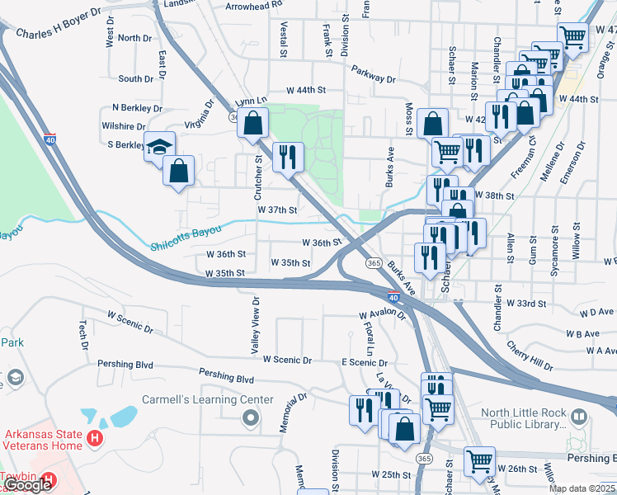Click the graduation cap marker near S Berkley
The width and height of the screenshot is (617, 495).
click(x=160, y=147)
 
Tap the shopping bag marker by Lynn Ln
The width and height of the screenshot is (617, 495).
click(x=253, y=124)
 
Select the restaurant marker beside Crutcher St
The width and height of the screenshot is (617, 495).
click(x=288, y=157)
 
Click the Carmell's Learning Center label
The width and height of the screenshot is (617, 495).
click(x=207, y=399)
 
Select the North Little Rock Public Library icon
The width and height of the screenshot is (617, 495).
click(x=578, y=418)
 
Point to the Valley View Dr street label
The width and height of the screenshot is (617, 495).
click(x=256, y=326)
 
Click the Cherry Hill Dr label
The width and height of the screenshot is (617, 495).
click(x=530, y=355)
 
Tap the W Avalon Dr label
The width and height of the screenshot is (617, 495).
click(x=382, y=315)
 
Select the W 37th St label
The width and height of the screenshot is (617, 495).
click(x=277, y=210)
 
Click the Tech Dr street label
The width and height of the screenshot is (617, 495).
click(x=82, y=336)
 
